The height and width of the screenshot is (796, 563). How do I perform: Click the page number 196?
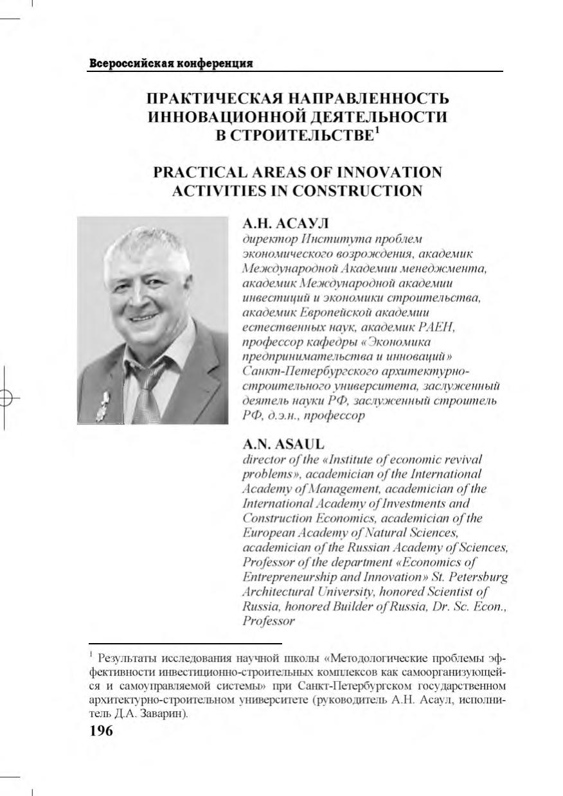click(x=100, y=730)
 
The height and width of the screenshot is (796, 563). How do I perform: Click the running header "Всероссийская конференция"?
click(x=169, y=63)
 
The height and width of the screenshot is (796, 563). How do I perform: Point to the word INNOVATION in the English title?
click(x=391, y=173)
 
